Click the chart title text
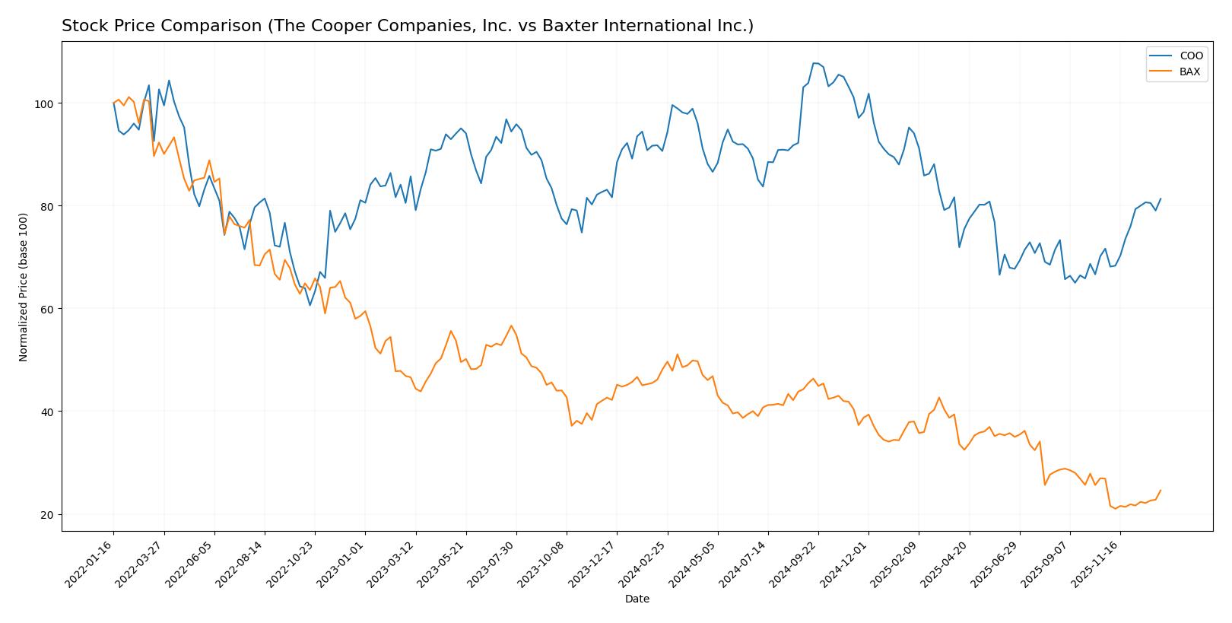407,26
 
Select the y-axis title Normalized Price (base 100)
24,287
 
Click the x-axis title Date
637,599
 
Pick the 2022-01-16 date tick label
89,564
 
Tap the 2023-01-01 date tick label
341,564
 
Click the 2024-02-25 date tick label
643,564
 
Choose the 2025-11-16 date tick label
1096,564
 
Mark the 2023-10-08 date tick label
542,564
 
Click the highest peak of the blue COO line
814,63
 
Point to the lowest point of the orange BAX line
1116,508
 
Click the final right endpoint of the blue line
1161,199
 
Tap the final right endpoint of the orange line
1161,491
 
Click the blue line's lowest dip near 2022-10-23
310,305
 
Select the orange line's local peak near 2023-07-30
511,326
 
